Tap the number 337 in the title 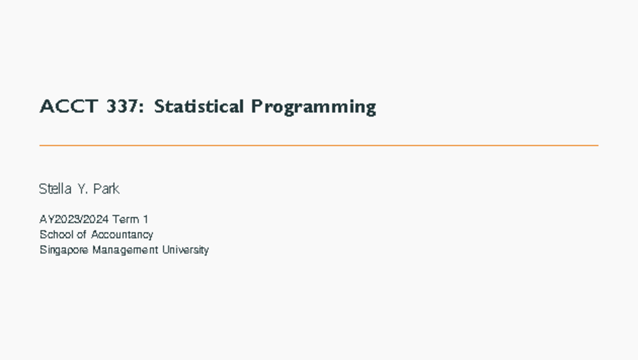click(122, 107)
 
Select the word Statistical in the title click(198, 107)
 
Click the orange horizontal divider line click(319, 145)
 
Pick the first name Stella click(55, 189)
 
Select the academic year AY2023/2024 click(74, 219)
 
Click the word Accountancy click(122, 235)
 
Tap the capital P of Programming click(256, 107)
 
